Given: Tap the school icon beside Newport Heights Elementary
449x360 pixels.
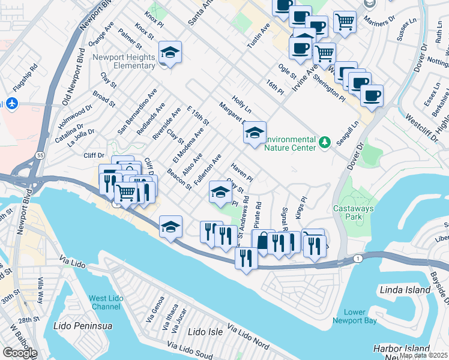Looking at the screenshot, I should coord(170,53).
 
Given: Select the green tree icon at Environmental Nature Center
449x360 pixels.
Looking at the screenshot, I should coord(325,142).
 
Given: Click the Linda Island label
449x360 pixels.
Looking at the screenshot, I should coord(405,290).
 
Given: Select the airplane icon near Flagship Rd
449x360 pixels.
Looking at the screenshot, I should coord(12,103).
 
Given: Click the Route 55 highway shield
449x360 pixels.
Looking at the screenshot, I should coord(39,155).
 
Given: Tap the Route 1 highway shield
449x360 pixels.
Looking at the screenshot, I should coord(358,258).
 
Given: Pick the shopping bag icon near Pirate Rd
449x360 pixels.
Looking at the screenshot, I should coord(263,241).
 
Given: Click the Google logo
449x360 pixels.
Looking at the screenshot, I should coord(20,353).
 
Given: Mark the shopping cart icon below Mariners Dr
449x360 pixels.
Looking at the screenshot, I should coord(345,22).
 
